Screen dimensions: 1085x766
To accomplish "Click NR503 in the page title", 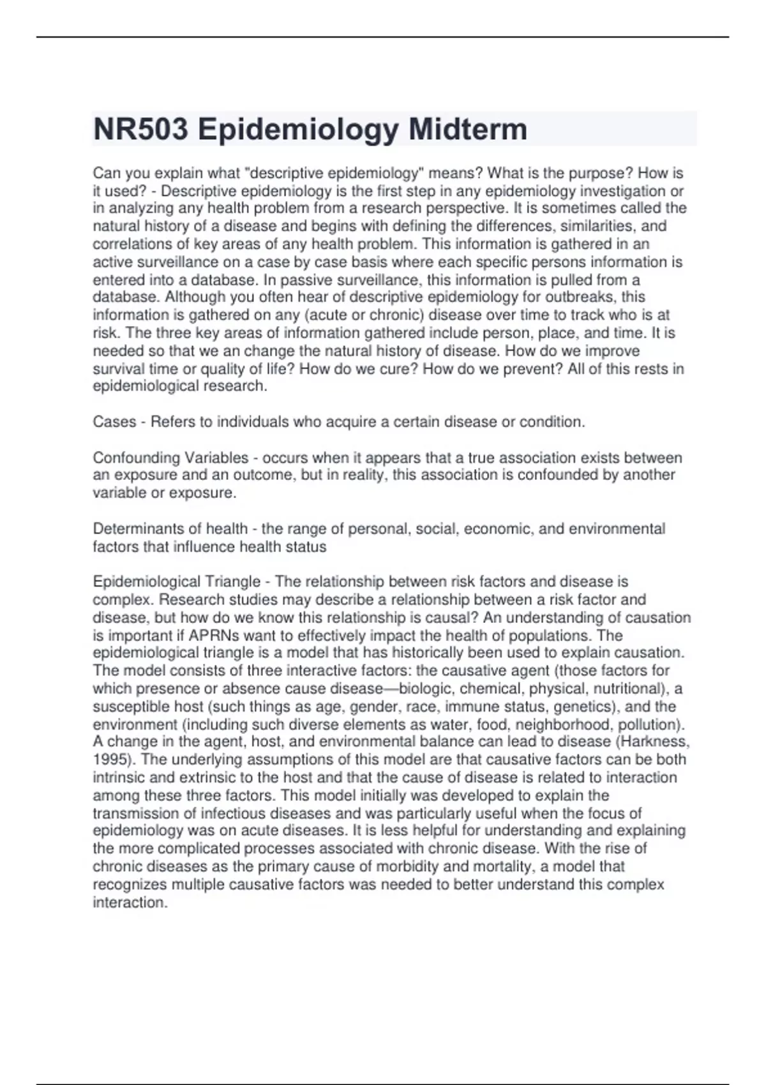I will [140, 130].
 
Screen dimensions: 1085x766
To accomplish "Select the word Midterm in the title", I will [468, 130].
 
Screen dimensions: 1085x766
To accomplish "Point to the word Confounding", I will [131, 458].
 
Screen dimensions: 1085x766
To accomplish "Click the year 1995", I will [110, 759].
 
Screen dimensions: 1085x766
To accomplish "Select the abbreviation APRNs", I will [217, 636].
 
